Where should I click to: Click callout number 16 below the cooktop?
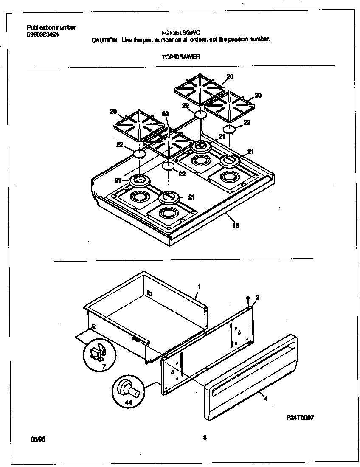tap(236, 226)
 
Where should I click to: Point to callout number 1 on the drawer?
tap(198, 287)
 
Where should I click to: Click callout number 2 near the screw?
tap(258, 298)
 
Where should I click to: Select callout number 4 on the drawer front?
tap(265, 398)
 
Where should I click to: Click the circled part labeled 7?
tap(98, 353)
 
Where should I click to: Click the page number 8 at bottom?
tap(205, 439)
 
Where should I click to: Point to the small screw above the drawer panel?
tap(247, 301)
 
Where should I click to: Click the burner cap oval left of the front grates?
tap(139, 154)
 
